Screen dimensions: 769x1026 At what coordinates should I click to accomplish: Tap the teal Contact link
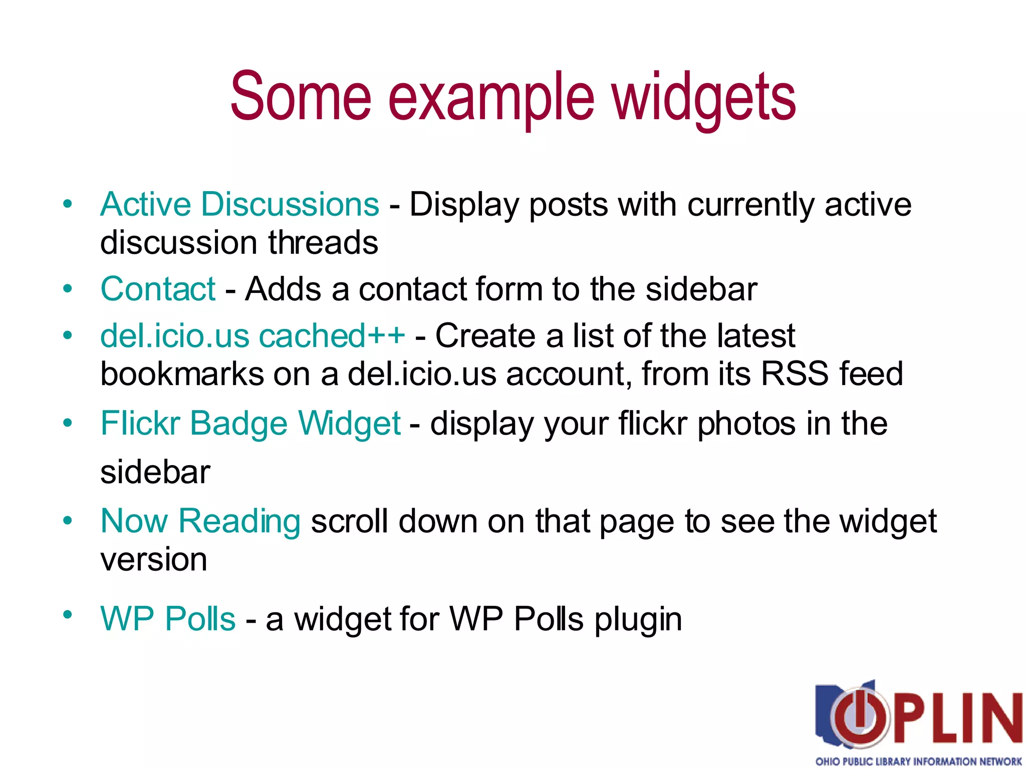point(158,289)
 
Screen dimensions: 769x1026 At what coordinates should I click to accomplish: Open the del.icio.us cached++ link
point(252,335)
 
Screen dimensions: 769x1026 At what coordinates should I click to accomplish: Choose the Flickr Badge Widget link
point(250,424)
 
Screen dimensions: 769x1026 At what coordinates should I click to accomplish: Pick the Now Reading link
point(200,521)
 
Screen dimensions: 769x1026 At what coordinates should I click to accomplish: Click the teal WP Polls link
point(168,619)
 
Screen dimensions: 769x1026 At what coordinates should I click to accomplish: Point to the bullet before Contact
point(68,289)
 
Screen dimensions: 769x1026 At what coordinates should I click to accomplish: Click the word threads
point(323,243)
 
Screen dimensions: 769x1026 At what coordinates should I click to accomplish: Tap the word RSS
point(795,373)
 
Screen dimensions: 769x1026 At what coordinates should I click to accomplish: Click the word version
point(153,560)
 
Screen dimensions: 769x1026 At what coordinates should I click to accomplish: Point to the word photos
point(746,424)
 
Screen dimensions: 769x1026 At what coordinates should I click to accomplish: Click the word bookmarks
point(182,373)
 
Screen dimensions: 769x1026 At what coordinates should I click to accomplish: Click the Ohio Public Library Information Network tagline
point(918,761)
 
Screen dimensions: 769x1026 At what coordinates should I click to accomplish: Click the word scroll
point(349,521)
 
